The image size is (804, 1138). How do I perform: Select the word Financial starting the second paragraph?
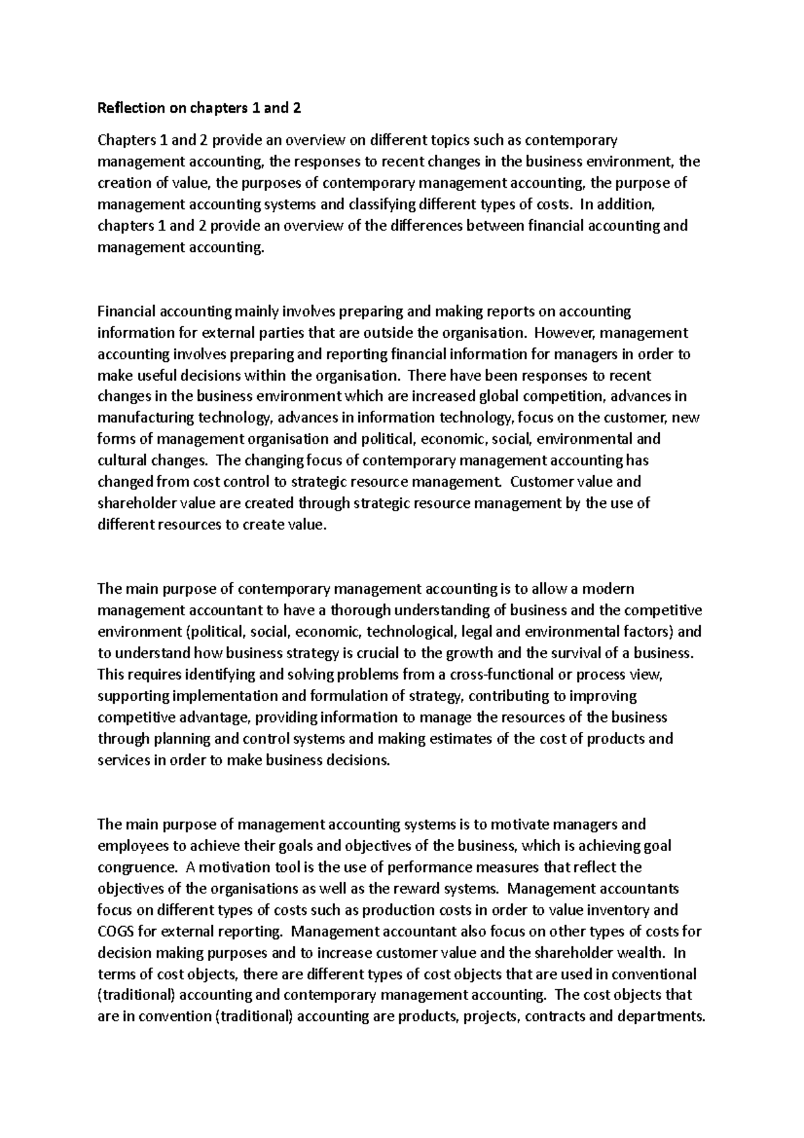click(124, 312)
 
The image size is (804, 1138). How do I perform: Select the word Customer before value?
click(539, 482)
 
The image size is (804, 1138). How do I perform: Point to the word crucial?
click(395, 653)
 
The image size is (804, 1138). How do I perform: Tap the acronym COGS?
click(115, 932)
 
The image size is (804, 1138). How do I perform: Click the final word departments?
click(660, 1017)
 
